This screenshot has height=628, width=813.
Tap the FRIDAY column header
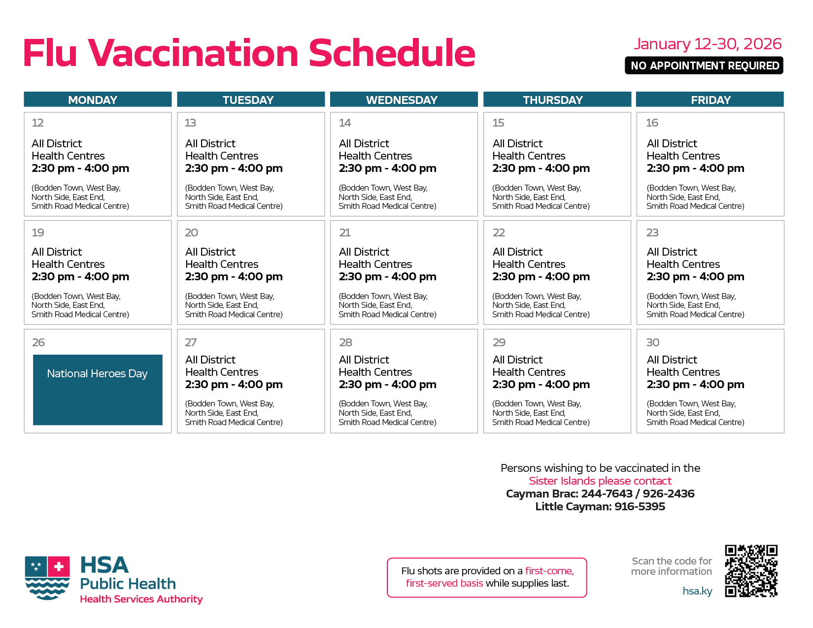(x=710, y=99)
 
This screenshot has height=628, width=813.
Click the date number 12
(x=37, y=123)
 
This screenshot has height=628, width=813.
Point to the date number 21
(x=345, y=232)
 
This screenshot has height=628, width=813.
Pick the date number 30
(x=652, y=342)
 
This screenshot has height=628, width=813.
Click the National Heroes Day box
(x=98, y=389)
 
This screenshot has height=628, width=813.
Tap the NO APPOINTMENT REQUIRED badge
(x=704, y=66)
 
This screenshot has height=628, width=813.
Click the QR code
(x=751, y=570)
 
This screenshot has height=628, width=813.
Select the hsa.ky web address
(x=697, y=591)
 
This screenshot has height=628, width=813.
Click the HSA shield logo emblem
(x=47, y=577)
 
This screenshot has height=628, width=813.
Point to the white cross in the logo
(x=59, y=566)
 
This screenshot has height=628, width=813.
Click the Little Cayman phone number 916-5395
(x=640, y=506)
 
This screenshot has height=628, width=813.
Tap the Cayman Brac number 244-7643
(x=607, y=494)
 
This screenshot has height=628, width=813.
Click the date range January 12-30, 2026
(x=708, y=44)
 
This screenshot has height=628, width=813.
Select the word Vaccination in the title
(x=193, y=53)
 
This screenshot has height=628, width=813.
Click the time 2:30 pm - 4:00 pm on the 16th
(x=695, y=168)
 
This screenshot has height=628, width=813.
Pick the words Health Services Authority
(x=141, y=599)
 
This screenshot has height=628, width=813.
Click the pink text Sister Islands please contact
(x=600, y=481)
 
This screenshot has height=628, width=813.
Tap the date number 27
(x=191, y=342)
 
